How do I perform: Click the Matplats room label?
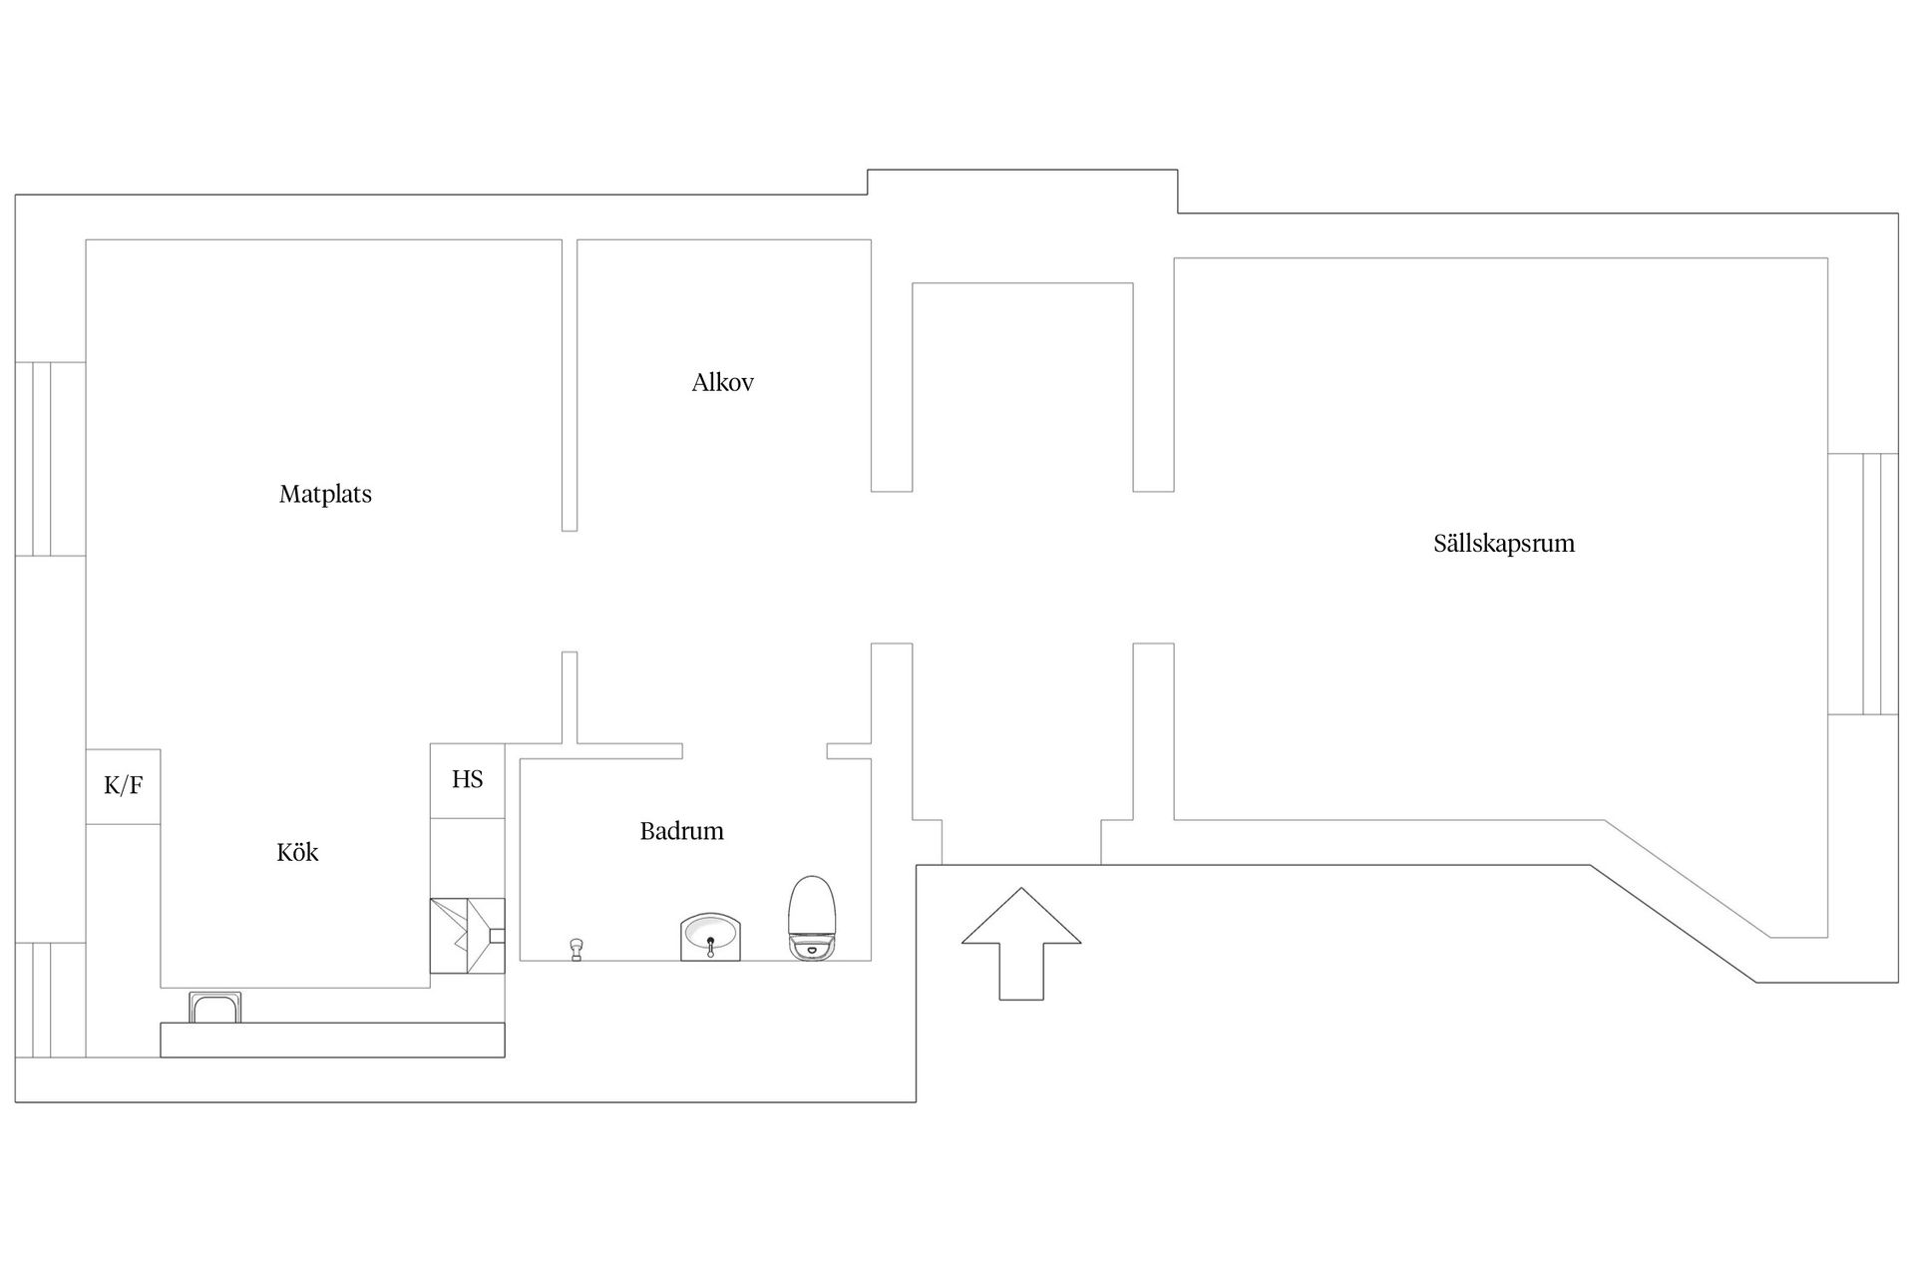coord(325,494)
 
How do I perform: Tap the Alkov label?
coord(723,382)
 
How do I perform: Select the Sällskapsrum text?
coord(1504,544)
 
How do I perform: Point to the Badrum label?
coord(682,831)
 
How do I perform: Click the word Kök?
coord(297,852)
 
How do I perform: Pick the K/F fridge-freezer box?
coord(123,786)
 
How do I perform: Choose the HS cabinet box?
coord(467,780)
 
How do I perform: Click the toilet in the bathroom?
coord(812,918)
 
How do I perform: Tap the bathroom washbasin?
coord(710,938)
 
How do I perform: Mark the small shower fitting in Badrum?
coord(575,949)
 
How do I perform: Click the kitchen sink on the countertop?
coord(215,1008)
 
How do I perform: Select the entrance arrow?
coord(1021,944)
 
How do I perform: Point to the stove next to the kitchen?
coord(467,936)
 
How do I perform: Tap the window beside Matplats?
coord(50,459)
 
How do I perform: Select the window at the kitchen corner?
coord(50,1000)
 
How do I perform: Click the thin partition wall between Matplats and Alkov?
coord(570,385)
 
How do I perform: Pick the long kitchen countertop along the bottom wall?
coord(332,1040)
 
